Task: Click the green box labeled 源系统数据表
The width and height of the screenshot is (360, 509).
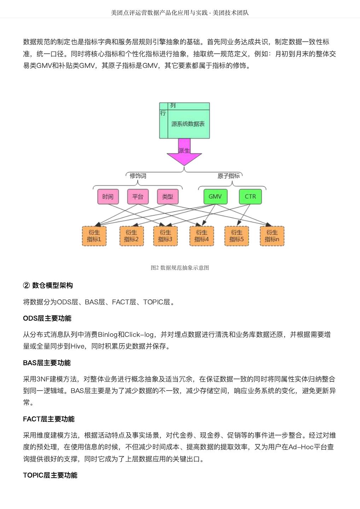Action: click(x=188, y=124)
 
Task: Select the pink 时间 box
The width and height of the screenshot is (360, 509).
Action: click(x=108, y=197)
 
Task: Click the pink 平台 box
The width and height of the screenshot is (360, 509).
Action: click(x=138, y=197)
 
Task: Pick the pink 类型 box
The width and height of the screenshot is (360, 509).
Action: click(x=168, y=197)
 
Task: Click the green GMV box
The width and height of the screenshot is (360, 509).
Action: click(x=215, y=197)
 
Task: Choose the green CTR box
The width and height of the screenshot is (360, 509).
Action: click(x=250, y=197)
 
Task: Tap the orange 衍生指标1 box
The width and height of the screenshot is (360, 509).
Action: click(x=94, y=236)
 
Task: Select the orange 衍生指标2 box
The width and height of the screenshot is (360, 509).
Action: click(x=132, y=236)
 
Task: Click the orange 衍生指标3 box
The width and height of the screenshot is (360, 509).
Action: click(x=166, y=236)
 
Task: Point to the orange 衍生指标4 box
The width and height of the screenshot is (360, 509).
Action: click(x=202, y=236)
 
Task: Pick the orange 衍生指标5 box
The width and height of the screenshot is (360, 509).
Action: click(x=237, y=236)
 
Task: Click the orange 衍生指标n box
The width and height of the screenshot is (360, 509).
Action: click(x=272, y=236)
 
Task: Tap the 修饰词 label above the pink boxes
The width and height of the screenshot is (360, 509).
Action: click(x=138, y=176)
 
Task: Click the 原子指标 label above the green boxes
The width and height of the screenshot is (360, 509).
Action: click(x=228, y=176)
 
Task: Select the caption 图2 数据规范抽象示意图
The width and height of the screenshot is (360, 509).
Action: click(x=180, y=268)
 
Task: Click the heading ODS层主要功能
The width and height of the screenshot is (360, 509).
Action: click(x=47, y=318)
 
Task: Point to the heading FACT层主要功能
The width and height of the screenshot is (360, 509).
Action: click(x=49, y=419)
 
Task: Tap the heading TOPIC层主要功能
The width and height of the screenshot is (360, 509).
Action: click(x=50, y=475)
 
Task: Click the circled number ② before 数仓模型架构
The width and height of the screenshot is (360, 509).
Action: click(x=26, y=285)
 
